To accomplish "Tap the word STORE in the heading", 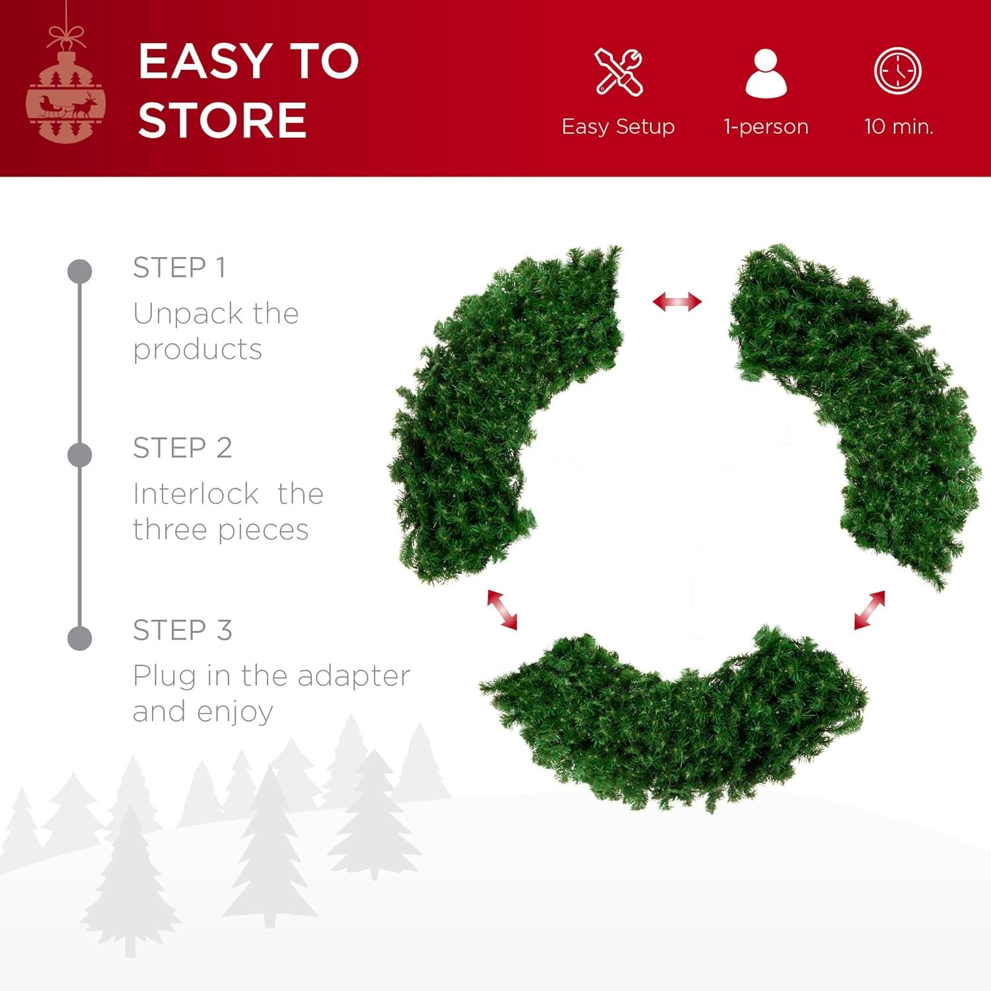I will point(222,120).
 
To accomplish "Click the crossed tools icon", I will point(618,72).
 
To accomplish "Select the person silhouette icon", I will point(766,73).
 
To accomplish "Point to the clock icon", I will point(897,71).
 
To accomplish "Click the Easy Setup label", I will point(618,126).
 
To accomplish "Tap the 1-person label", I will point(766,126).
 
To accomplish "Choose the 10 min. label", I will point(899,126).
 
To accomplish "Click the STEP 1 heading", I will point(180,268).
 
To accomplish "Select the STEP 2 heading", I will point(182,448).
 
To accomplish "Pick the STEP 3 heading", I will point(182,630).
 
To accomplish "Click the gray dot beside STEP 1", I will point(80,272).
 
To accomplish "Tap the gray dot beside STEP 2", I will point(80,455).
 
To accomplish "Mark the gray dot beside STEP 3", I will point(80,638).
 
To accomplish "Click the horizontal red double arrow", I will point(677,302).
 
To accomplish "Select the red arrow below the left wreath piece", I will point(502,609).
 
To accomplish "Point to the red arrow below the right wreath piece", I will point(869,610).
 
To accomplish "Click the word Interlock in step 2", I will point(196,494).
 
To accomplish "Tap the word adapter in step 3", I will point(353,676).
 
